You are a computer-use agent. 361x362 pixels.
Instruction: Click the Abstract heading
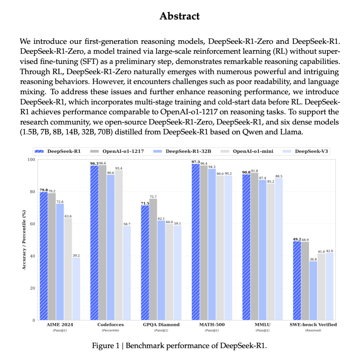click(x=180, y=16)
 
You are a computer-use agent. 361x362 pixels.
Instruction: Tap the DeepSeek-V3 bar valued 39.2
click(x=76, y=289)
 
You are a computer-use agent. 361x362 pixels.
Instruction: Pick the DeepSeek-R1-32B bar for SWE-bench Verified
click(x=313, y=291)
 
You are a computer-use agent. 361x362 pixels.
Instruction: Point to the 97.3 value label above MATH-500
click(x=195, y=162)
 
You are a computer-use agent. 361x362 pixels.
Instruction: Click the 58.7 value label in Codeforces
click(x=127, y=224)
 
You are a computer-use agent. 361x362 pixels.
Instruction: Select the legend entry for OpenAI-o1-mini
click(x=253, y=151)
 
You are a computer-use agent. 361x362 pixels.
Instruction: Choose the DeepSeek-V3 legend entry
click(x=311, y=151)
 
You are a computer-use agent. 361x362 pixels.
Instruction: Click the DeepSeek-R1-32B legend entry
click(x=188, y=151)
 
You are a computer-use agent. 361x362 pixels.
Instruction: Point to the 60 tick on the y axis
click(x=32, y=224)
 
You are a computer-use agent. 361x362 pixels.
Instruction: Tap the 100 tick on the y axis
click(x=32, y=160)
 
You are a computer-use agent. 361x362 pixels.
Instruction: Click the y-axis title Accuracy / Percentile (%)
click(x=24, y=240)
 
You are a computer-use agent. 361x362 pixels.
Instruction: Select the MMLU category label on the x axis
click(x=262, y=325)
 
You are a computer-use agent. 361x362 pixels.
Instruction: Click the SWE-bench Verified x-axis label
click(x=313, y=325)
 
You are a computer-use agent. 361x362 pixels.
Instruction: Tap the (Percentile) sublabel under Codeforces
click(x=110, y=330)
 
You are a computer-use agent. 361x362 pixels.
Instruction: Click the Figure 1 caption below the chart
click(x=179, y=346)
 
